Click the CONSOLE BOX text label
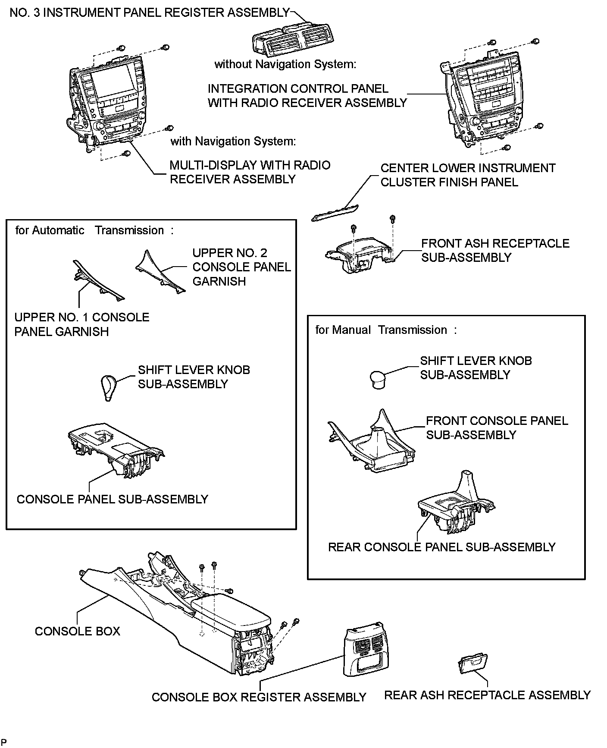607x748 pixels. (x=77, y=631)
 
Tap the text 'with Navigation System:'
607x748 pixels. (x=233, y=141)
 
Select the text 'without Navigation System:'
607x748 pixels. (x=285, y=64)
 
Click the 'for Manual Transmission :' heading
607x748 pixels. (x=386, y=330)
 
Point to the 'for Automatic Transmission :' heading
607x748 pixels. (x=94, y=230)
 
